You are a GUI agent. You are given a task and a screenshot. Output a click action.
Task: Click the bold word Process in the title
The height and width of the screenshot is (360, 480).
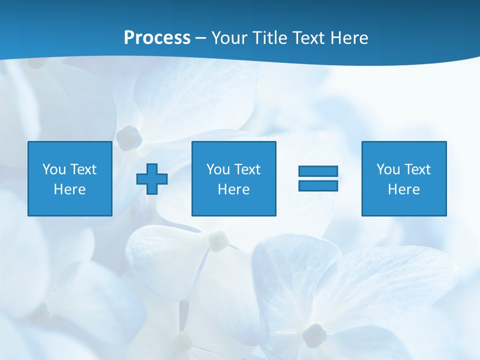(x=157, y=38)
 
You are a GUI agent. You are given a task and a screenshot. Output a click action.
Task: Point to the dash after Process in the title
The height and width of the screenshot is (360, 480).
(x=200, y=38)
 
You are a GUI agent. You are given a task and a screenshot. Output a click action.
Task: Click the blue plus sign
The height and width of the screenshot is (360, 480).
(x=152, y=178)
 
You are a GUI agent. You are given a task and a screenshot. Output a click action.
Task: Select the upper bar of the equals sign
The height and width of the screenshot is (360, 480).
(x=318, y=171)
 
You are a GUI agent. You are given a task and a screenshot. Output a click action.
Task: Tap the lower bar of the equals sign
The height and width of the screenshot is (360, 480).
(x=318, y=185)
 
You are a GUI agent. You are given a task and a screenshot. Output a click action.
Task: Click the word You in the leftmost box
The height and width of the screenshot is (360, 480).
(x=54, y=169)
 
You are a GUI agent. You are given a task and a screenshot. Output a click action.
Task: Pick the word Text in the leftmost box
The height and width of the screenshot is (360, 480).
(x=83, y=169)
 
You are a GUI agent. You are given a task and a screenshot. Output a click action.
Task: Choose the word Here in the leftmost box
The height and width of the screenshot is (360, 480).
(x=69, y=189)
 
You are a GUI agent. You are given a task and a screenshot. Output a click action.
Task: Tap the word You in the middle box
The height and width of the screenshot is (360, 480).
(x=218, y=169)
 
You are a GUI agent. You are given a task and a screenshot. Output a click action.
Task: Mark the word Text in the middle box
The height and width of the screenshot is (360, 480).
(x=247, y=169)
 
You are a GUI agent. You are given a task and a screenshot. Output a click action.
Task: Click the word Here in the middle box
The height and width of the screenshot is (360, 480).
(x=233, y=189)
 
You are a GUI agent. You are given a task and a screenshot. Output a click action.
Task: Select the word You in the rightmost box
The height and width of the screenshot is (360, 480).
(x=388, y=169)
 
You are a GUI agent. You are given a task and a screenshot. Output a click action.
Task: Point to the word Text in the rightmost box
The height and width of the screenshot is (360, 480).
(x=417, y=169)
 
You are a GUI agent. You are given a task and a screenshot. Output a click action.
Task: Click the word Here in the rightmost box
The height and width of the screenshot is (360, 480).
(x=403, y=189)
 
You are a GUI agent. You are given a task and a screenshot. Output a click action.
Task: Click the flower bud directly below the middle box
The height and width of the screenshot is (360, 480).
(x=218, y=241)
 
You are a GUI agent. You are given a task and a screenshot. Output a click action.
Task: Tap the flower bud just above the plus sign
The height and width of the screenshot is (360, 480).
(x=129, y=137)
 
